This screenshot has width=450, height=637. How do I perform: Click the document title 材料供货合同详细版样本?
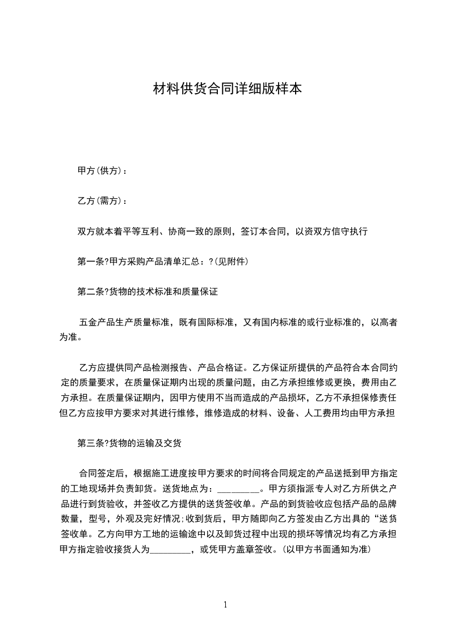tap(227, 89)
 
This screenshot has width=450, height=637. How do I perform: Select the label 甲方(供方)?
tap(102, 171)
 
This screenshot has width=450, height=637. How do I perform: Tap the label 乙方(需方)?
tap(102, 201)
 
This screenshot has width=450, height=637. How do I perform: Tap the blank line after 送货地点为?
tap(238, 489)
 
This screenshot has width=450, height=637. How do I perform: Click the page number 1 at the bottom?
tap(225, 605)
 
